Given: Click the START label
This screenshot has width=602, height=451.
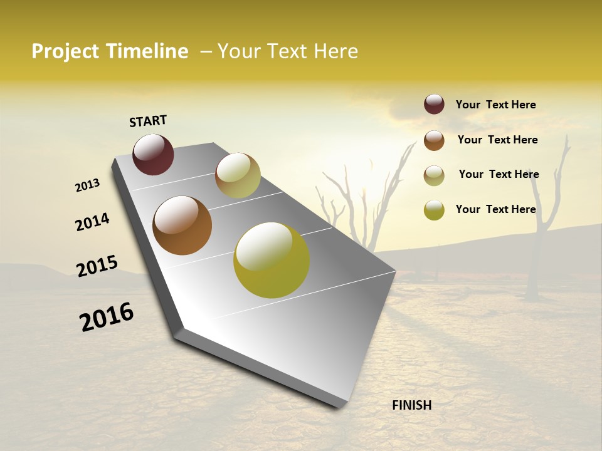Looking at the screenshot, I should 148,121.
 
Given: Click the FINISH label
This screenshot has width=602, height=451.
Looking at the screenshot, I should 412,405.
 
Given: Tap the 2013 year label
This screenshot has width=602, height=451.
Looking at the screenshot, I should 87,185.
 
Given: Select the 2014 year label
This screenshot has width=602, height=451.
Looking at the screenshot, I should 92,222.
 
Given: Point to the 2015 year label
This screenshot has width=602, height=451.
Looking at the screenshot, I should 97,266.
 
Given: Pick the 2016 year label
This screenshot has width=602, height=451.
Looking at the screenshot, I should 107,316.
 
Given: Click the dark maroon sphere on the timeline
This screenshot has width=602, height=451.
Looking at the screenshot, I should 153,154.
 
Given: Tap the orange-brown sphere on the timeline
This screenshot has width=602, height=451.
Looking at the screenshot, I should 182,225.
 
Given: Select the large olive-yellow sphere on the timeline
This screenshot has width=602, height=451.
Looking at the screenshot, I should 272,260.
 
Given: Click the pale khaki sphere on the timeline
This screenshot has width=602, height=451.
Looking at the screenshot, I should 238,175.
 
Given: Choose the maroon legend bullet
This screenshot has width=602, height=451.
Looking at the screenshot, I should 434,105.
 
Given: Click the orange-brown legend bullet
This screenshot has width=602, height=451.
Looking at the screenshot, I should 434,140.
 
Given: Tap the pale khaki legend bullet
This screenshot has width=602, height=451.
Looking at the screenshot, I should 434,175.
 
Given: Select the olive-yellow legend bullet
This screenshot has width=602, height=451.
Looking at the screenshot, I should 434,210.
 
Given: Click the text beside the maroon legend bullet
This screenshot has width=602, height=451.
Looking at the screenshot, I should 495,105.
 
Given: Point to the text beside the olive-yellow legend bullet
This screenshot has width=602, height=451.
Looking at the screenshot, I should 495,209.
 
